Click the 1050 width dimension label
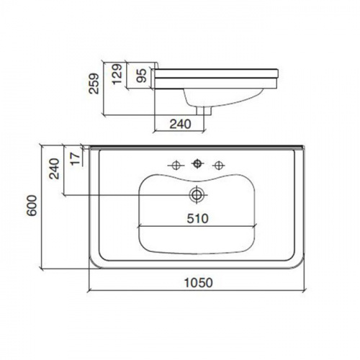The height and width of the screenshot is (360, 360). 198,282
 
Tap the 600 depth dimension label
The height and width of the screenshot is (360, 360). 32,205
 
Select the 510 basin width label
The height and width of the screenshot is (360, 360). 198,218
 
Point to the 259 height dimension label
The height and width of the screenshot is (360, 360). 94,84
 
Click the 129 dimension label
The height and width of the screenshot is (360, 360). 117,74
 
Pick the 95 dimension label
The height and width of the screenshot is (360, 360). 141,76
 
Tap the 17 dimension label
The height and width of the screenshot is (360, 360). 76,158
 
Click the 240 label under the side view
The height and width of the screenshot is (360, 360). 180,124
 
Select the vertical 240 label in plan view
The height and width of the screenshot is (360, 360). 54,168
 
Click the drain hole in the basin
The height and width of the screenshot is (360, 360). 197,194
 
